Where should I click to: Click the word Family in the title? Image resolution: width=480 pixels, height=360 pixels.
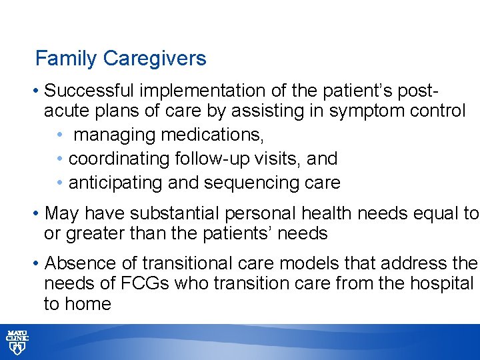tap(66, 59)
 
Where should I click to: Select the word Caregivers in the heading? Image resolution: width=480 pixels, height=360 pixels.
tap(155, 59)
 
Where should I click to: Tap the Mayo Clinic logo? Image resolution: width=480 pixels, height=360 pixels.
tap(17, 341)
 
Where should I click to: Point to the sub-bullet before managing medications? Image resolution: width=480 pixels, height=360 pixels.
tap(60, 135)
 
